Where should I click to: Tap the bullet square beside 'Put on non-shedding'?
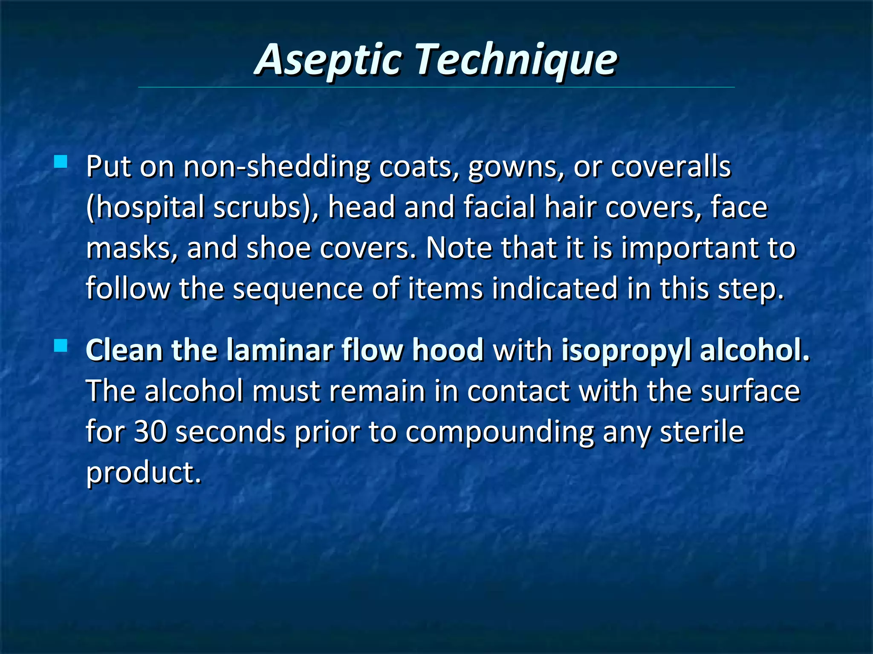[61, 162]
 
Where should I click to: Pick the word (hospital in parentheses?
[145, 208]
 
